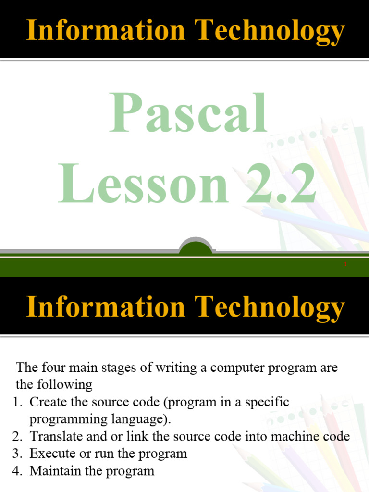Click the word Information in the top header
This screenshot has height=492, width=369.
105,31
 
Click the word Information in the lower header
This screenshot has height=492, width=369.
105,307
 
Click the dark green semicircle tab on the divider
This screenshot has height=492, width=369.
196,248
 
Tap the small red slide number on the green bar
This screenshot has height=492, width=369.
345,264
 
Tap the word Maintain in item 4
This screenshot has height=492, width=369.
54,471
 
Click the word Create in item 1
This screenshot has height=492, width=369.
48,402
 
